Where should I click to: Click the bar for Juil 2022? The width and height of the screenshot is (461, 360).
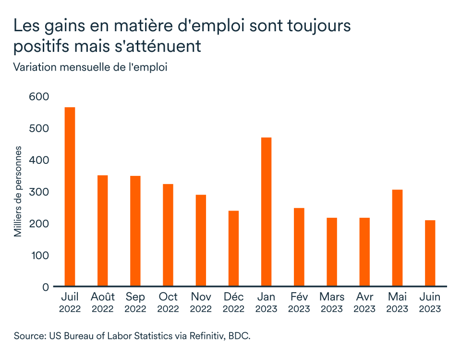[70, 197]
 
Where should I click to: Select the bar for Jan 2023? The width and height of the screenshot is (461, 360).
[266, 212]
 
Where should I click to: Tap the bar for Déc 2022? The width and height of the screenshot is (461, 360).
[233, 248]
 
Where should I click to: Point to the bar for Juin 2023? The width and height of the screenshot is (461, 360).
[430, 253]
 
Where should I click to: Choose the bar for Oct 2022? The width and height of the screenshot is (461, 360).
[168, 235]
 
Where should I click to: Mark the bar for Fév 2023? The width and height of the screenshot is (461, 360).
[299, 247]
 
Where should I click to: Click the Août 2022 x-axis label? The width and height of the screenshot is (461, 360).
[102, 302]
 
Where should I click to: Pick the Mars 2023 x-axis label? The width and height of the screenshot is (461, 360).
[331, 302]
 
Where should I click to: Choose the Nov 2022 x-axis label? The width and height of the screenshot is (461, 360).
[201, 302]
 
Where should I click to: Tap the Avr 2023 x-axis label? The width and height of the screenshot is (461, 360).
[364, 302]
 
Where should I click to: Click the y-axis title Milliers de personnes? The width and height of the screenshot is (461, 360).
[18, 191]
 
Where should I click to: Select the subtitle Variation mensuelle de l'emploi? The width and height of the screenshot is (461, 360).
[90, 67]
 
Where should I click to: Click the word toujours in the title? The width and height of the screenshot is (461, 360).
[315, 26]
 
